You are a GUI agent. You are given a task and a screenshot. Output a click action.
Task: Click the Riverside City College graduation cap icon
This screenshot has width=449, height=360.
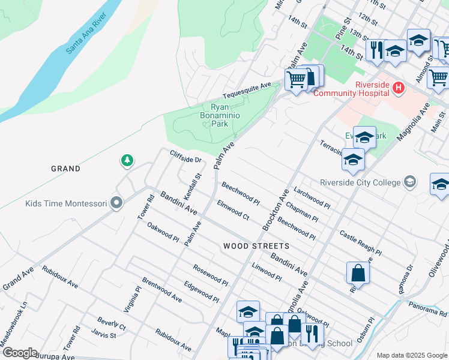pos(410,182)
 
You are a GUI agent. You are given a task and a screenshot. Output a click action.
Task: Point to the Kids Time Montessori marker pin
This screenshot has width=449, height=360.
pos(117,204)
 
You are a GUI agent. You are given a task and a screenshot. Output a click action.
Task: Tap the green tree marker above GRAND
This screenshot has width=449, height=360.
pos(127,160)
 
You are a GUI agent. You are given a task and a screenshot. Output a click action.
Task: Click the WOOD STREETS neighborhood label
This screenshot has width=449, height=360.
pos(256,246)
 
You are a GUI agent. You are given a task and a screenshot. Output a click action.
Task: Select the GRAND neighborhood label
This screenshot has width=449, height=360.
pos(66,169)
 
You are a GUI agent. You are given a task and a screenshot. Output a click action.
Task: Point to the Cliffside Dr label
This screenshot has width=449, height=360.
pos(185,157)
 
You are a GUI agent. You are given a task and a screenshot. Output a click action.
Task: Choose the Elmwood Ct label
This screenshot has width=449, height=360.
pos(233,209)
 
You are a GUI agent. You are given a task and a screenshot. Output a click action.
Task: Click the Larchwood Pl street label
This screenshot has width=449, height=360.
pos(312,198)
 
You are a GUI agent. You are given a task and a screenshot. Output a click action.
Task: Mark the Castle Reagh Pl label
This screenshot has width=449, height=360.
pos(360,242)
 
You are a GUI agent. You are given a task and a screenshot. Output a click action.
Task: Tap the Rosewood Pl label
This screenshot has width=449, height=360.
pos(211,274)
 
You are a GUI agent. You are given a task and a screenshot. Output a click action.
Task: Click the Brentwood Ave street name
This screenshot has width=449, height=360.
pos(161,290)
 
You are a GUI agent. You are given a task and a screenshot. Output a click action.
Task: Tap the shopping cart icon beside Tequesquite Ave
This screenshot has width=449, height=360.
pos(296,78)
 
